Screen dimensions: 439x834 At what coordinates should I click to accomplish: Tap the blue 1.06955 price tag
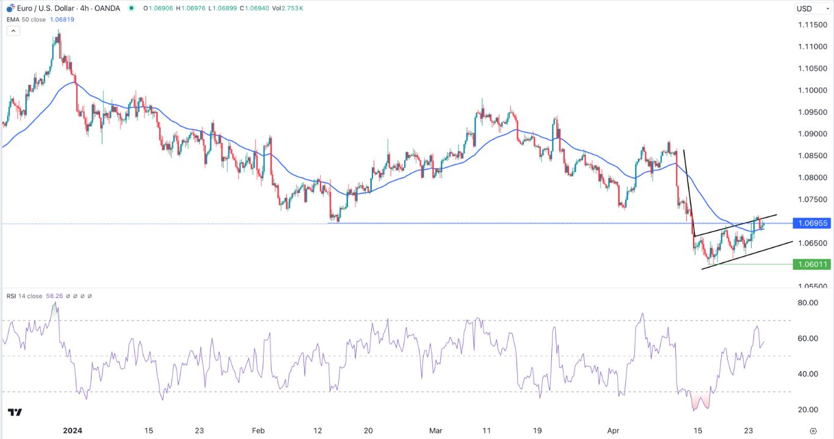click(x=811, y=223)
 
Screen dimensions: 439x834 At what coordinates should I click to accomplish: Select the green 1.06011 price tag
click(x=811, y=264)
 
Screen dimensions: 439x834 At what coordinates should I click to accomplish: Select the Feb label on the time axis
click(x=259, y=430)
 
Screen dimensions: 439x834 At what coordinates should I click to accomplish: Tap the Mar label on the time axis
click(x=435, y=430)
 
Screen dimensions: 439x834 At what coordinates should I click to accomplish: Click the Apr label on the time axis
click(x=614, y=430)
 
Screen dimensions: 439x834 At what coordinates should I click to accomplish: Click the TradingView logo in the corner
click(x=16, y=413)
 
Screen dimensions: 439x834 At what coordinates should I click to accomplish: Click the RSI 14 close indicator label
click(x=25, y=296)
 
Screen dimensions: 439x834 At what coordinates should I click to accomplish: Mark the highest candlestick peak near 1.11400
click(x=59, y=32)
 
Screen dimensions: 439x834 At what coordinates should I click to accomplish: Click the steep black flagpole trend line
click(x=689, y=192)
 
